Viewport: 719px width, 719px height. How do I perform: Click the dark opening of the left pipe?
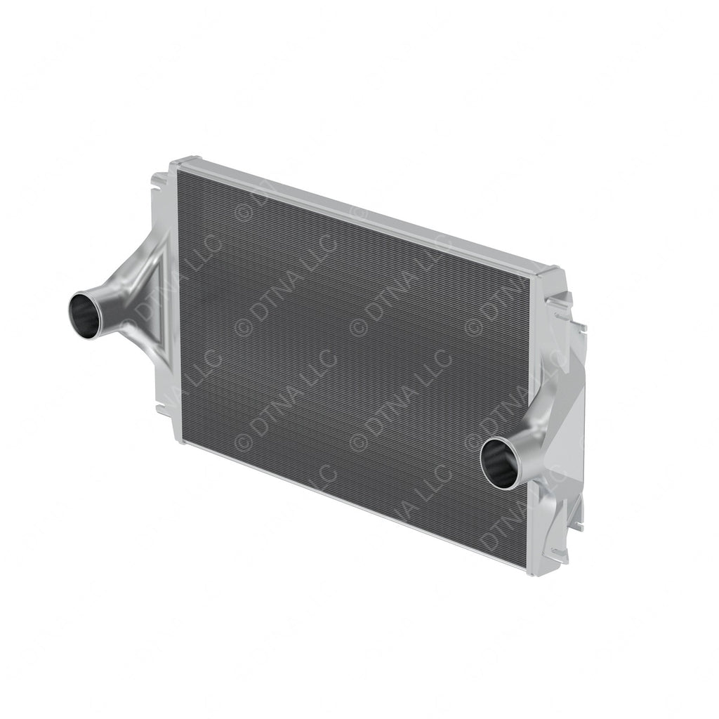pyautogui.click(x=85, y=316)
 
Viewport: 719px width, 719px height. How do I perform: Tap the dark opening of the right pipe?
pyautogui.click(x=499, y=463)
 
